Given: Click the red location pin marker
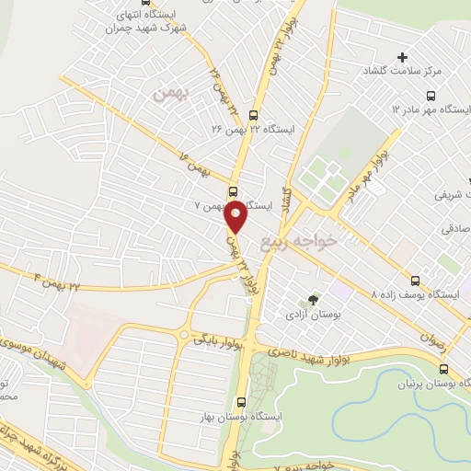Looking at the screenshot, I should coord(235,217).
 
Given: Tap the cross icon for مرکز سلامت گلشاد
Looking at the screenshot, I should coord(402,58).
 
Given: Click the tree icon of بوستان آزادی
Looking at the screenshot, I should coord(313,299).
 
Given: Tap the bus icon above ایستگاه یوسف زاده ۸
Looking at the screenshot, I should coord(416,281).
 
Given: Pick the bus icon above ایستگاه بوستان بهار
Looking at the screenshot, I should coord(242,401).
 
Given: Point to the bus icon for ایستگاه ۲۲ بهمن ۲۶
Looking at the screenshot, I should coord(232,114).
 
